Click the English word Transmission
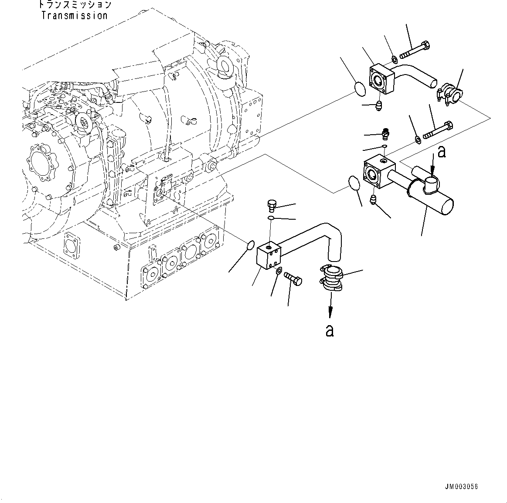point(74,16)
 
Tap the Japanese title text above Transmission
point(74,5)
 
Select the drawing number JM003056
point(462,487)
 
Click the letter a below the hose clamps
point(330,331)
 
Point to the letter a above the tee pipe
point(442,152)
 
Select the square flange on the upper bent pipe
point(382,79)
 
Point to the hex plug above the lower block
point(271,205)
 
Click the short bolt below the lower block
point(293,279)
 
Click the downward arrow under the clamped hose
point(330,305)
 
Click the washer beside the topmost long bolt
point(394,59)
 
